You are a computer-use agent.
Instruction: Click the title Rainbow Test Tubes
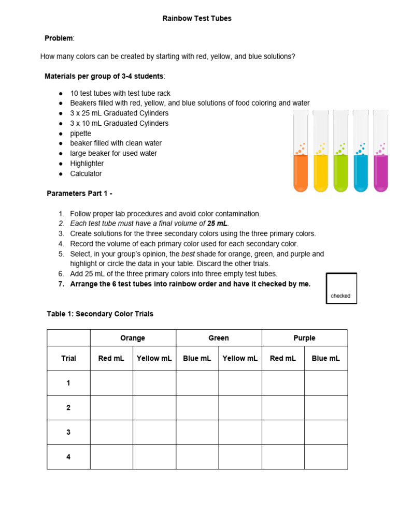click(197, 18)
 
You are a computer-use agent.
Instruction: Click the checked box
click(341, 288)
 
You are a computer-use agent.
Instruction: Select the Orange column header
click(133, 338)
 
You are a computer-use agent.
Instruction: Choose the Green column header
click(219, 338)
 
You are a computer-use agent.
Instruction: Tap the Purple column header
click(304, 338)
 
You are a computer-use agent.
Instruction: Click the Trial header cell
click(68, 358)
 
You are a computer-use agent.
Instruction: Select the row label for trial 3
click(68, 432)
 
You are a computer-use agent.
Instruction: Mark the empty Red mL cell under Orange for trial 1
click(111, 383)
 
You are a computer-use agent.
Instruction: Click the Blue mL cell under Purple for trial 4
click(325, 457)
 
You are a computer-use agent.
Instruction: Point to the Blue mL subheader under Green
click(197, 358)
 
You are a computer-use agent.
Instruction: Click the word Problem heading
click(59, 38)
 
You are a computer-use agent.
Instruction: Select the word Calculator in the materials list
click(86, 174)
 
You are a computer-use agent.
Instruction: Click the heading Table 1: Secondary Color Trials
click(100, 314)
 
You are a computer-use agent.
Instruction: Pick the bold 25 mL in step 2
click(218, 224)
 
